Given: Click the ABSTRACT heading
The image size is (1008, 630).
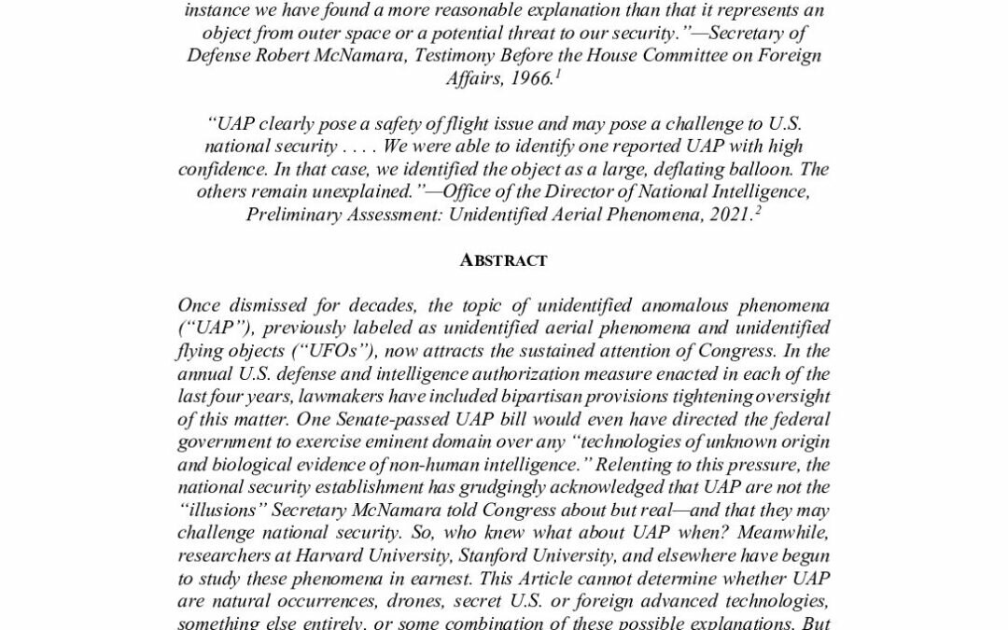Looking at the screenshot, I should (x=503, y=260).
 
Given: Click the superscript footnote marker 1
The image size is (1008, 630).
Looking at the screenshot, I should (x=557, y=73).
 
